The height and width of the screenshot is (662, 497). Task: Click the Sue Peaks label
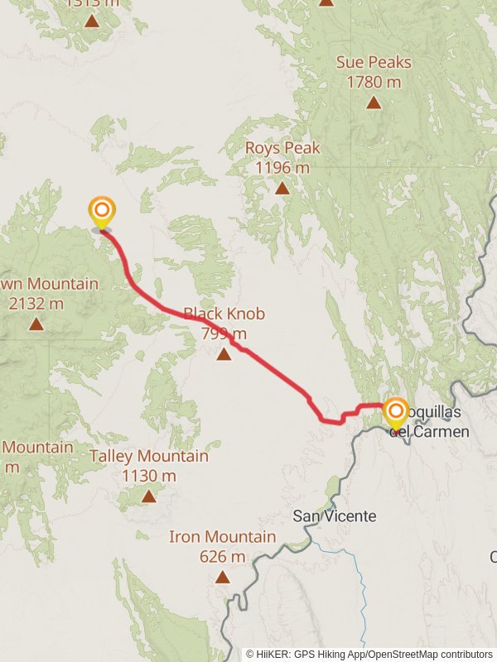(x=374, y=63)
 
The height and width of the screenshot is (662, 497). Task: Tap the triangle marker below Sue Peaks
(x=374, y=103)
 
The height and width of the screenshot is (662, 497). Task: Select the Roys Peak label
(x=282, y=149)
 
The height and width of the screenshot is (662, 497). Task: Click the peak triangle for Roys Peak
(x=282, y=188)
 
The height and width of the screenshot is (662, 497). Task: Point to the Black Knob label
(x=224, y=314)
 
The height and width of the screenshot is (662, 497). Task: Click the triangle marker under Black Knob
(x=224, y=354)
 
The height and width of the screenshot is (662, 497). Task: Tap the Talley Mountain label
(x=149, y=456)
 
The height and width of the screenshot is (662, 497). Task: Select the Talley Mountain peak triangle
(x=148, y=496)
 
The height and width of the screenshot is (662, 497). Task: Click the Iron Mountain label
(x=222, y=537)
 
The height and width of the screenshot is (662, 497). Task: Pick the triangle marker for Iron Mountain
(x=222, y=577)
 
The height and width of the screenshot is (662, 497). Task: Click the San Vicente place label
(x=335, y=516)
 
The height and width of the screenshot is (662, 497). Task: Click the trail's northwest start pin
(x=102, y=211)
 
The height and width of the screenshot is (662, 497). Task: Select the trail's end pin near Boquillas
(x=397, y=412)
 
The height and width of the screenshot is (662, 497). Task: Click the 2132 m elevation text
(x=36, y=304)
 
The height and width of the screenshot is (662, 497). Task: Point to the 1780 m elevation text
(x=374, y=82)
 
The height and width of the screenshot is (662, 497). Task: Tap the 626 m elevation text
(x=222, y=556)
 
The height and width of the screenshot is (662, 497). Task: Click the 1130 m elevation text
(x=149, y=476)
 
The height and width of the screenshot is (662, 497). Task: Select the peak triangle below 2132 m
(x=36, y=323)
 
